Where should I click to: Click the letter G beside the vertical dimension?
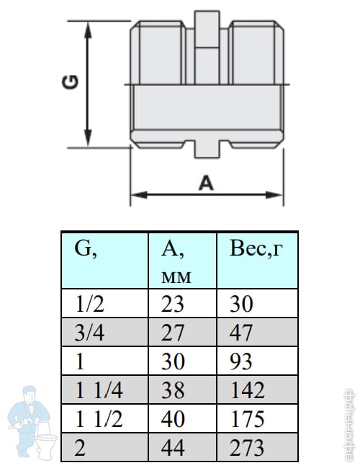71,82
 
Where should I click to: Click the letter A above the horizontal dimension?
206,183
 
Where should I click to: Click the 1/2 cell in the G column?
89,304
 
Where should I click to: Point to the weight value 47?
240,333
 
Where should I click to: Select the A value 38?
173,390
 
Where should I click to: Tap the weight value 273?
247,447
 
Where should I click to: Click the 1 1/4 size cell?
99,390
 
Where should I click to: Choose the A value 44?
173,448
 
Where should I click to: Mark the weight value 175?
248,419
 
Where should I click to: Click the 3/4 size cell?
89,333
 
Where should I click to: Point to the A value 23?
173,304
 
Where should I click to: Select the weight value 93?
241,361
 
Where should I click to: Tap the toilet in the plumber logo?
45,438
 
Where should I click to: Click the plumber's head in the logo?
30,393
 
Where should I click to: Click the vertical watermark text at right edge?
349,425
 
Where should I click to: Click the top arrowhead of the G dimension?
88,30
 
